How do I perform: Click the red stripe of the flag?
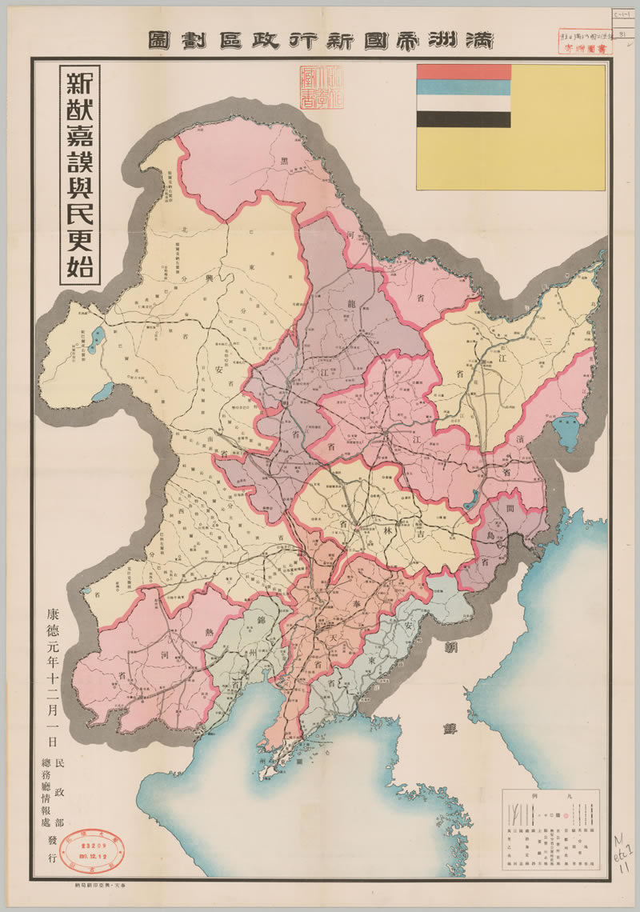(x=463, y=72)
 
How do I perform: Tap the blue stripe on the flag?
(x=463, y=88)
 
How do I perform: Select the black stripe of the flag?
(x=463, y=119)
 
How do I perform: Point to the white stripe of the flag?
(x=463, y=103)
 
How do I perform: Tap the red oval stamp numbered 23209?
(x=88, y=853)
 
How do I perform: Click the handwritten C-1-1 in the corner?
(x=619, y=15)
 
